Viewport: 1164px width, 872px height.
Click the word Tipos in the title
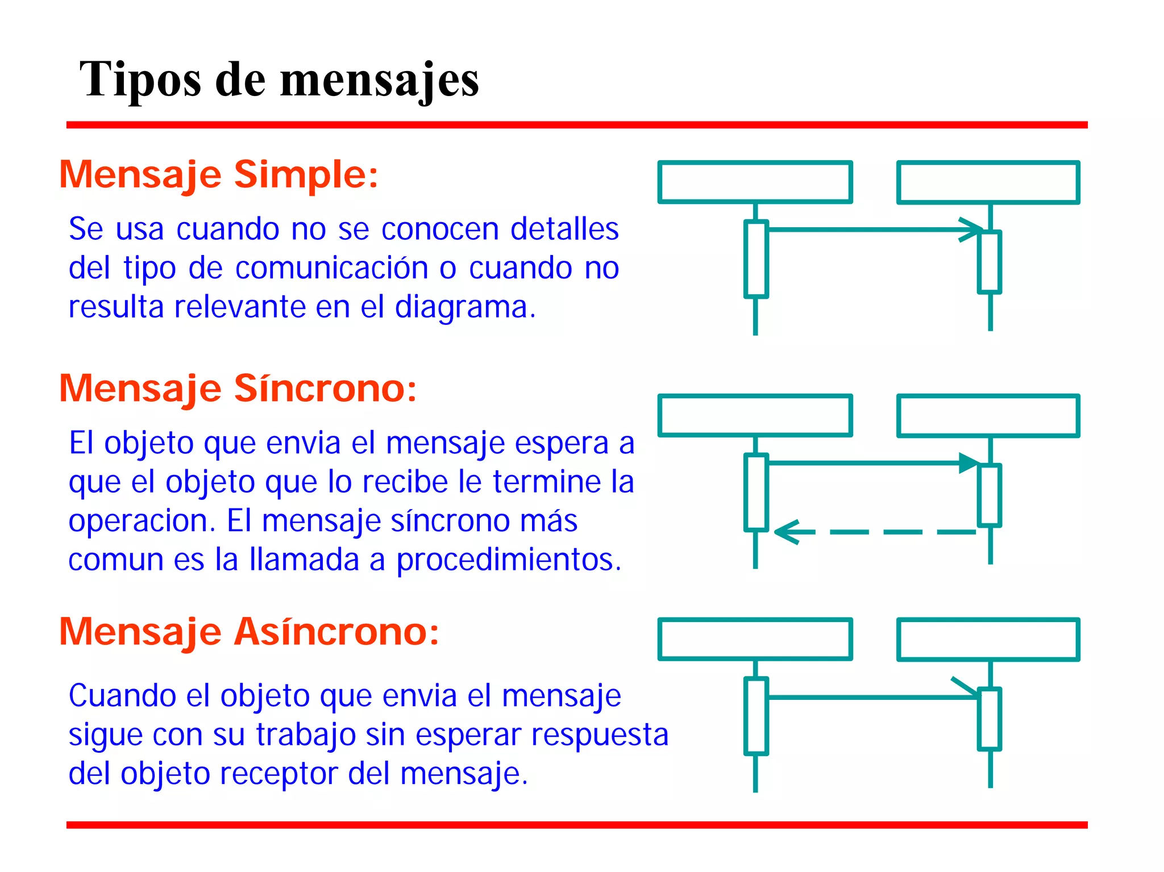(x=140, y=80)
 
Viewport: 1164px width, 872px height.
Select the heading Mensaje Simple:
(x=218, y=174)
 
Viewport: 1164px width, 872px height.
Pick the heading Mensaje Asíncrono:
(x=249, y=632)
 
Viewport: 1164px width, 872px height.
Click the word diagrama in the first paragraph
(x=464, y=307)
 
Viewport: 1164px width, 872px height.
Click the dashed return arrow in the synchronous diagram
(x=875, y=532)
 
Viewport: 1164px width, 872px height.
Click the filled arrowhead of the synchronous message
(x=968, y=463)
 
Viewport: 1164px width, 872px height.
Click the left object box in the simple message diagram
(x=755, y=182)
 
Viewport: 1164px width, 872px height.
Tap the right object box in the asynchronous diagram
(x=988, y=640)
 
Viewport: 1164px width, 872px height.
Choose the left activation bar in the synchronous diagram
(x=756, y=493)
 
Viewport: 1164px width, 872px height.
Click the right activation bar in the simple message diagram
(x=990, y=262)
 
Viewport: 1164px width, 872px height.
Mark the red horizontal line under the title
(x=576, y=125)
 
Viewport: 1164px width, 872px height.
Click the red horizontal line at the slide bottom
(x=576, y=825)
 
